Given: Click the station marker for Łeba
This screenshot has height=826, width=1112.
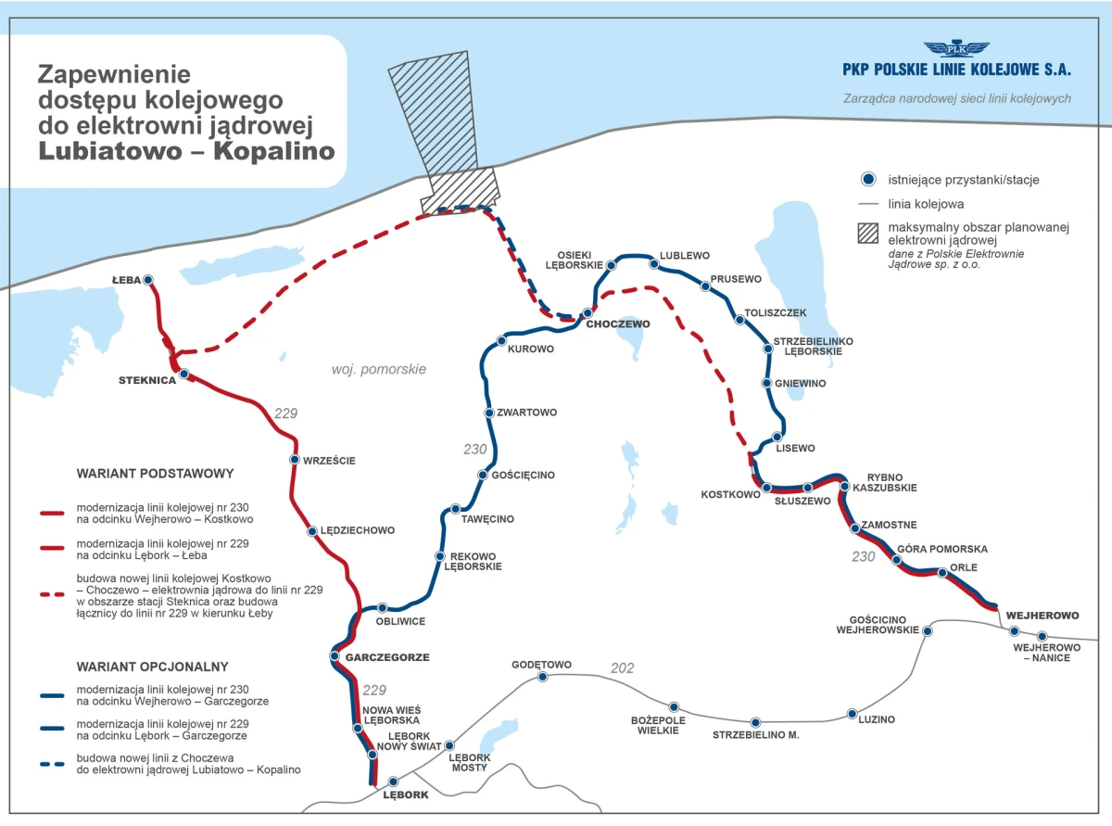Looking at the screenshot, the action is click(x=148, y=280).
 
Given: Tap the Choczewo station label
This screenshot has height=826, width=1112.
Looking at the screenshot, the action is click(x=618, y=324).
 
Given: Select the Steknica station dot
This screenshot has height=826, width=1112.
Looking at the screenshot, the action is click(x=184, y=374).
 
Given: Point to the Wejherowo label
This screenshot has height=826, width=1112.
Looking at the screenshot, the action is click(x=1042, y=616).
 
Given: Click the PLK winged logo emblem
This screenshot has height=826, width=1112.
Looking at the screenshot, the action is click(x=956, y=48).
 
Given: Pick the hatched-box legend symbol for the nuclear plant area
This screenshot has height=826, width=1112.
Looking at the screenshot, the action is click(x=868, y=234).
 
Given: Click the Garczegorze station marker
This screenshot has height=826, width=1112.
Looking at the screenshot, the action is click(x=335, y=656).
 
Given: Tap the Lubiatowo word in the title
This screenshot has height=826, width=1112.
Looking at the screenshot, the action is click(x=109, y=151).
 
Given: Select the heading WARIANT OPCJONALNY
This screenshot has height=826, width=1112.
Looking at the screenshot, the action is click(x=152, y=667).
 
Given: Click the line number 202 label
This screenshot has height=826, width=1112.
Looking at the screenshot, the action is click(x=622, y=668).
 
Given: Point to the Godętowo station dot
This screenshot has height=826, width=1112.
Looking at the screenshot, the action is click(x=542, y=677).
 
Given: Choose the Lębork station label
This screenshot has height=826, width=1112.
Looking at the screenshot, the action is click(x=406, y=794).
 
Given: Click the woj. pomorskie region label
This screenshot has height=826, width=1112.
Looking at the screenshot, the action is click(x=378, y=369).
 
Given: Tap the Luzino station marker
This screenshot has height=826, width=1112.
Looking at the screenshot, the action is click(x=852, y=714).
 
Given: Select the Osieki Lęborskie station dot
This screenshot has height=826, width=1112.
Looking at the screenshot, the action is click(x=611, y=265).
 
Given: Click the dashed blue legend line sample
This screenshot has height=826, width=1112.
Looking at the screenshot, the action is click(x=52, y=764).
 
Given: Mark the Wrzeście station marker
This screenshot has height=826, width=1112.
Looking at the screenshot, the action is click(x=295, y=460).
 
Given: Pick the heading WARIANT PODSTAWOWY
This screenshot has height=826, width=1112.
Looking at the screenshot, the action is click(x=155, y=474).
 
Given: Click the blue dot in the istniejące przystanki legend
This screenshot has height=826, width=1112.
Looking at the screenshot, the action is click(x=868, y=179).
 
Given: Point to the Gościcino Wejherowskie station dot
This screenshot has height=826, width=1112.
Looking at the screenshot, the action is click(x=928, y=631).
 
